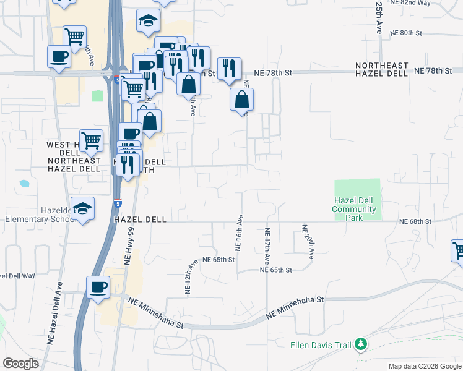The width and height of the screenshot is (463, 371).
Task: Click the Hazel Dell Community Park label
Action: pyautogui.click(x=354, y=209)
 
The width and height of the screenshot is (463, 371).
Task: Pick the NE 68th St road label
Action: pyautogui.click(x=415, y=221)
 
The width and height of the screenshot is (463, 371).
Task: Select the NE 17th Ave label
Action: pyautogui.click(x=267, y=247)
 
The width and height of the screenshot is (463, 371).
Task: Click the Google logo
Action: pyautogui.click(x=20, y=364)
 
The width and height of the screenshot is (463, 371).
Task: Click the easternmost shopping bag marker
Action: pyautogui.click(x=242, y=99)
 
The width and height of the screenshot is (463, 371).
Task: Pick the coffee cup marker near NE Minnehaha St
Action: pyautogui.click(x=98, y=288)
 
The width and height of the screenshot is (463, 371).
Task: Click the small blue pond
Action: pyautogui.click(x=24, y=184)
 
